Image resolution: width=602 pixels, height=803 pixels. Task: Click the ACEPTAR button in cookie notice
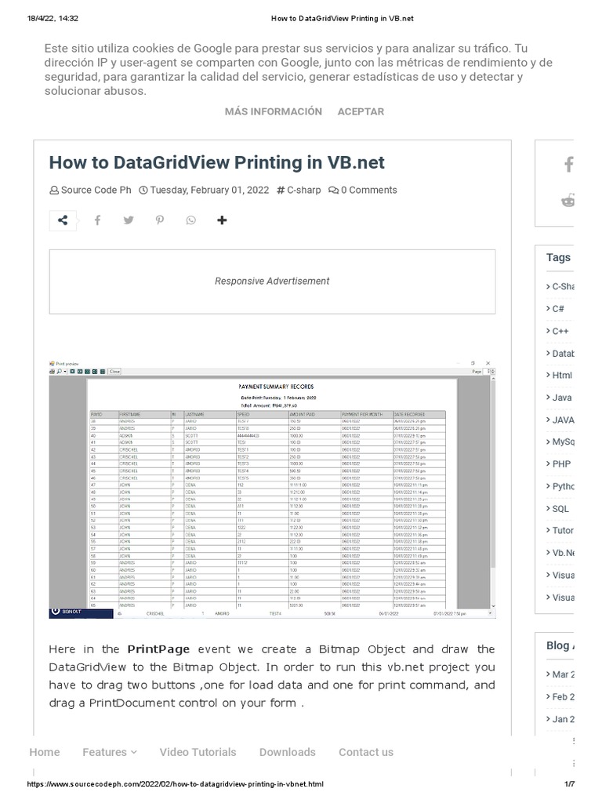[361, 111]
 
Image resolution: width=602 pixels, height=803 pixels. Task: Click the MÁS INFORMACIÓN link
[273, 111]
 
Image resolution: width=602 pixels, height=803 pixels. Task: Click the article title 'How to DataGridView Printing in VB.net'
[217, 162]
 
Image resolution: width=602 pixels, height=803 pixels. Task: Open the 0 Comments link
[363, 190]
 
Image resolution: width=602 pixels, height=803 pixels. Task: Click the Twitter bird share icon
[128, 220]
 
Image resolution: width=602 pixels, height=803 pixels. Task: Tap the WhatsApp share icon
[191, 220]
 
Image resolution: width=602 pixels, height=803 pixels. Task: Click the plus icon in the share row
[222, 220]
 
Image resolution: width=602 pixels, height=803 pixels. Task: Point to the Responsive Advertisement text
[272, 281]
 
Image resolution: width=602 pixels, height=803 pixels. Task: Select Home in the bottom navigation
[45, 752]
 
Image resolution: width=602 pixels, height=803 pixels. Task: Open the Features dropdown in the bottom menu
[109, 752]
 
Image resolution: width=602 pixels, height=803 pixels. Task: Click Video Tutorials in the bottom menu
[198, 752]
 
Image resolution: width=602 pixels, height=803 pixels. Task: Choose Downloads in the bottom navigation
[287, 752]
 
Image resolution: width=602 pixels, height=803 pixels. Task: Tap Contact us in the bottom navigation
[366, 752]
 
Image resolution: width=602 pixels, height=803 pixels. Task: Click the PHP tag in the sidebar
[560, 464]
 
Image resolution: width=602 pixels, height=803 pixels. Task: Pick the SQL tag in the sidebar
[560, 509]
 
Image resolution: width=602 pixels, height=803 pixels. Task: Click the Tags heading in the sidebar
[558, 257]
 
